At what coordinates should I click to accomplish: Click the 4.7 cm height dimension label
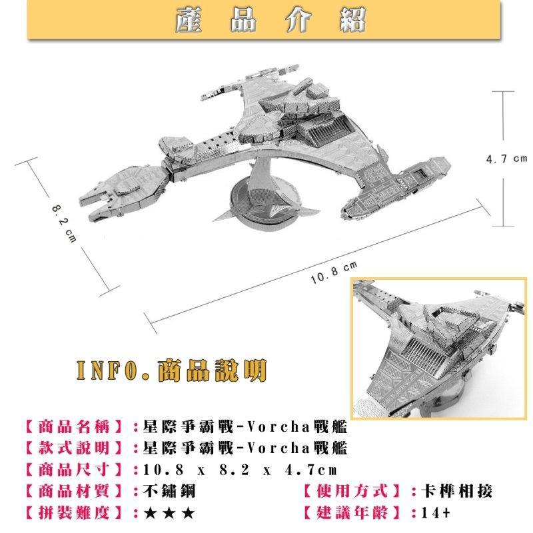[506, 159]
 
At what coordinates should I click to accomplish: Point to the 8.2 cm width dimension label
[65, 221]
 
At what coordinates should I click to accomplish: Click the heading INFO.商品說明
[173, 369]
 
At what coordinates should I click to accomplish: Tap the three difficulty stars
[169, 514]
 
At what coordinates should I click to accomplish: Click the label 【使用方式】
[351, 492]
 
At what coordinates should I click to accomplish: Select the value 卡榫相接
[452, 492]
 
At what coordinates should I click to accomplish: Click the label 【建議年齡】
[351, 514]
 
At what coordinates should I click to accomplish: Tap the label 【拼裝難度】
[73, 514]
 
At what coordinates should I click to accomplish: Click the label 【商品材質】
[73, 492]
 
